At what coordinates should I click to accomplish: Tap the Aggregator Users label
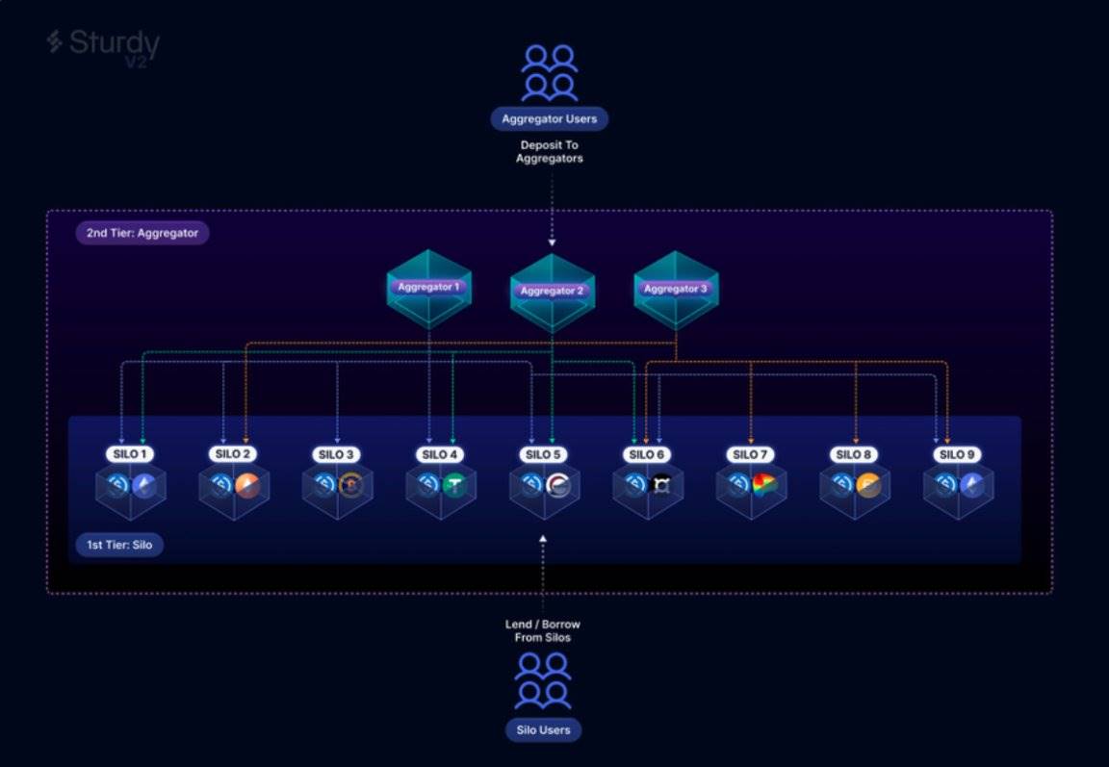pyautogui.click(x=549, y=119)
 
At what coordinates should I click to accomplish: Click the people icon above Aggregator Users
pyautogui.click(x=549, y=73)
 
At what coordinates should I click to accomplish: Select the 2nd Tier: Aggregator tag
pyautogui.click(x=142, y=233)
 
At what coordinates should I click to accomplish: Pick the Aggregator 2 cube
pyautogui.click(x=553, y=293)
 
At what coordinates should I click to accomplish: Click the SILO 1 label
pyautogui.click(x=129, y=454)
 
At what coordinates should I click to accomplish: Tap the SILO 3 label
pyautogui.click(x=337, y=454)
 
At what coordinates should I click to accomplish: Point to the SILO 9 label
pyautogui.click(x=958, y=454)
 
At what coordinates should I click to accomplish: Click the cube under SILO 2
pyautogui.click(x=234, y=487)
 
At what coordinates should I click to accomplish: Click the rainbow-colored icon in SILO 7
pyautogui.click(x=764, y=485)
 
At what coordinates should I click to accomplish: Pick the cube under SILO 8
pyautogui.click(x=855, y=487)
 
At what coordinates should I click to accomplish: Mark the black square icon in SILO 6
pyautogui.click(x=660, y=485)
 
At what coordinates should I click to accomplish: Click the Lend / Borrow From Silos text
pyautogui.click(x=543, y=631)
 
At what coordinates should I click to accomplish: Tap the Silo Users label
pyautogui.click(x=543, y=730)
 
